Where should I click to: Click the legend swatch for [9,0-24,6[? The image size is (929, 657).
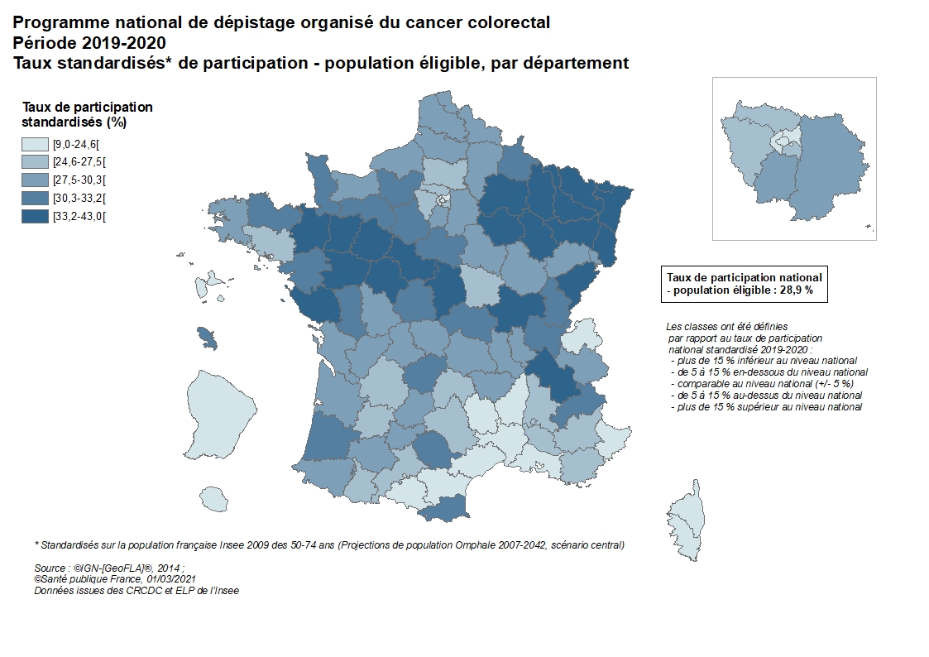coord(35,144)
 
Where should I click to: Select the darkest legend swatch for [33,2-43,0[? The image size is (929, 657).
coord(35,216)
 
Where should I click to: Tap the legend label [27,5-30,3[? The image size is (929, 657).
coord(79,180)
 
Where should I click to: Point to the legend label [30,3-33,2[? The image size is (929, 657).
coord(79,198)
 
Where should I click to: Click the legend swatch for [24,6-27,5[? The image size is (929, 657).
coord(35,162)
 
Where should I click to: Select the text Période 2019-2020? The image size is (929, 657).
coord(89,42)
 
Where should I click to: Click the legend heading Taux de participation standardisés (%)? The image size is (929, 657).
coord(87,114)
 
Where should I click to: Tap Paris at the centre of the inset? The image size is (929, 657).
coord(785,141)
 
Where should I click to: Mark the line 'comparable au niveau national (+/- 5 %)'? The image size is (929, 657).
coord(764,384)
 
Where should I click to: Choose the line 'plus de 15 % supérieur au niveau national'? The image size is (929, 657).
coord(769,406)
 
